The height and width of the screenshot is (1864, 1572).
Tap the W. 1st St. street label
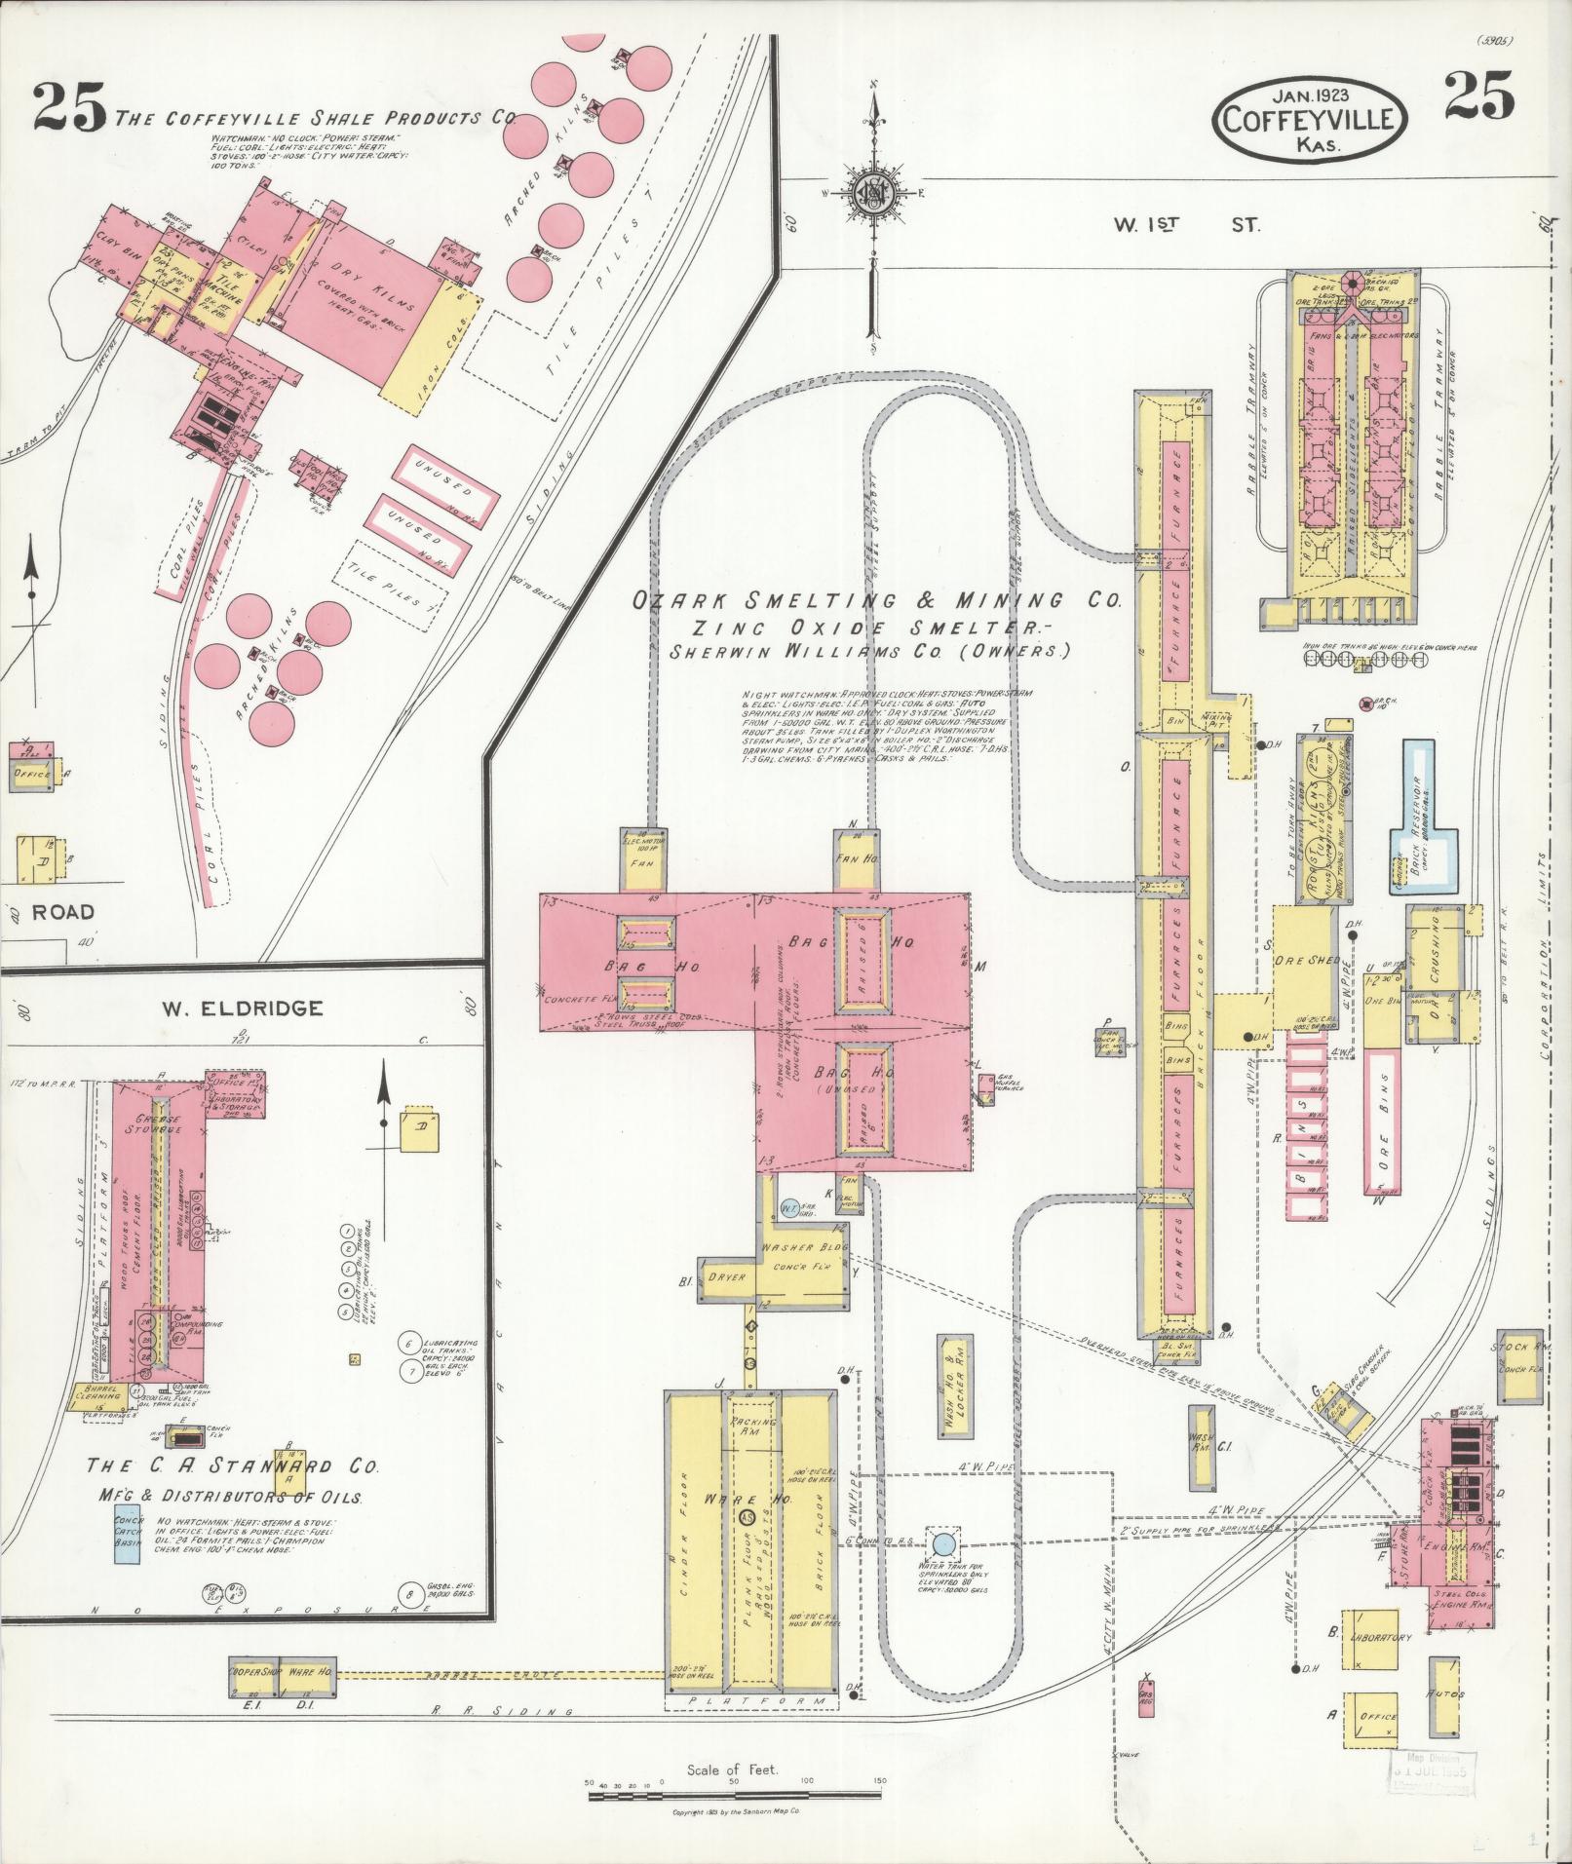pos(1187,225)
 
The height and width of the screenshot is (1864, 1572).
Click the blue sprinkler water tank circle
pos(943,1543)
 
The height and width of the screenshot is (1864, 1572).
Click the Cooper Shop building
pos(253,1669)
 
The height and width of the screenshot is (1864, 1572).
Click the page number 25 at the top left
pos(68,107)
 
